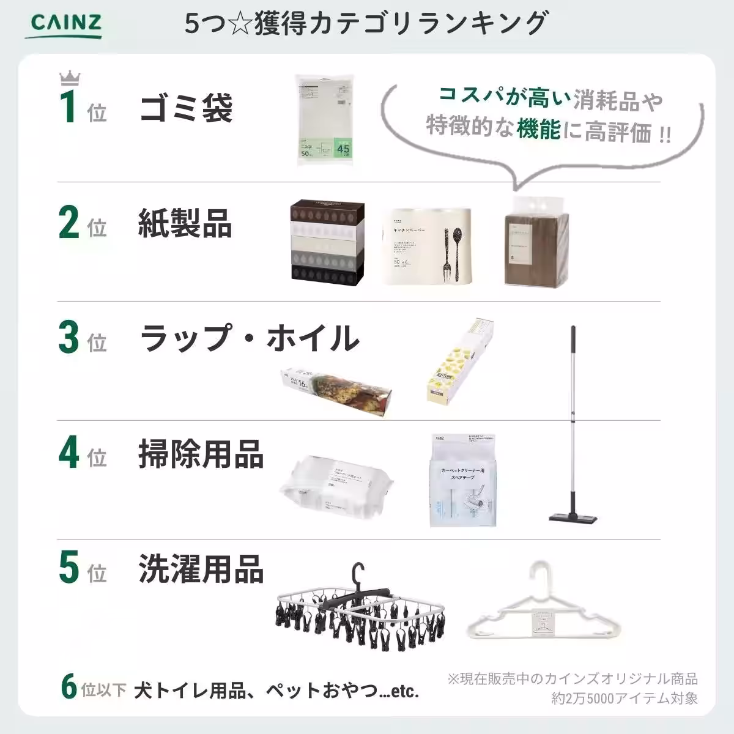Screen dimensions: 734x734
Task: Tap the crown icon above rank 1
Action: point(70,78)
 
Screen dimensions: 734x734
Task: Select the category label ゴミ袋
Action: point(186,109)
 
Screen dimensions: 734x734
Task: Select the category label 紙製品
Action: point(185,223)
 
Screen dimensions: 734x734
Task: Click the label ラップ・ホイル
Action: point(249,338)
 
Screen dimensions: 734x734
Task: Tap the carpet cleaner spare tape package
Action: point(463,480)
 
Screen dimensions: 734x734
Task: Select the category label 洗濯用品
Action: point(201,569)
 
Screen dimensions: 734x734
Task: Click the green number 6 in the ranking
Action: point(70,686)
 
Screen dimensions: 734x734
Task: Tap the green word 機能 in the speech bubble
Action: point(538,129)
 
